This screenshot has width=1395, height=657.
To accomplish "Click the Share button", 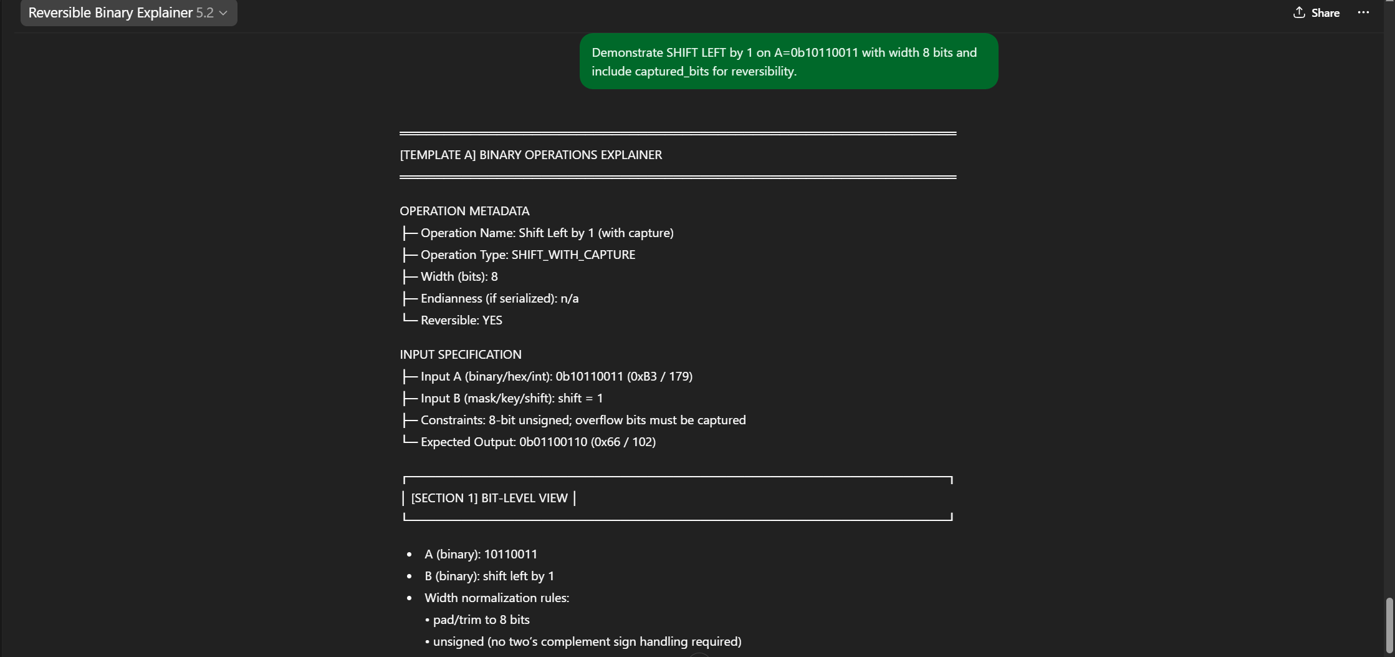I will [1316, 13].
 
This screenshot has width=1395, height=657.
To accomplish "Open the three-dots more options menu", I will [1363, 13].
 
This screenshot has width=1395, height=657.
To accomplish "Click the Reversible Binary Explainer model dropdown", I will [128, 13].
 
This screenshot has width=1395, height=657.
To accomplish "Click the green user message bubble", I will [788, 62].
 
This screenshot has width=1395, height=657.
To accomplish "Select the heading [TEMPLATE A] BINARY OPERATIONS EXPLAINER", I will [530, 155].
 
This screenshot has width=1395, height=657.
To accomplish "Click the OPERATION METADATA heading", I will [464, 211].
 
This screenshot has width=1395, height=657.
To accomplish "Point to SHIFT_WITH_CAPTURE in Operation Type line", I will [573, 255].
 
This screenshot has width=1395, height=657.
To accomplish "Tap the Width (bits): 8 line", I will [459, 276].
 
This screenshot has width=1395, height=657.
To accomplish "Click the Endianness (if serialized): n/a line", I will [499, 298].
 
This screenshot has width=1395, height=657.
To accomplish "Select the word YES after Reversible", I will [492, 320].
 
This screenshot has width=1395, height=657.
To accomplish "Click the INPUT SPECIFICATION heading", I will [460, 354].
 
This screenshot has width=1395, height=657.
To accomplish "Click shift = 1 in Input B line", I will [580, 398].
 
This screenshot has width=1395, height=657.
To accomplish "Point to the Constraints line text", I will [583, 420].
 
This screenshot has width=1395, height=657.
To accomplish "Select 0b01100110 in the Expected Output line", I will [553, 442].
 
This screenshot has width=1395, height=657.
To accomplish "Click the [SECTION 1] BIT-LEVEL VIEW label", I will [489, 498].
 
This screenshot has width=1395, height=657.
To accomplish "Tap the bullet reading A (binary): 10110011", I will [481, 554].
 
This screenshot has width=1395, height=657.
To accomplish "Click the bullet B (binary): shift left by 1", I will [489, 576].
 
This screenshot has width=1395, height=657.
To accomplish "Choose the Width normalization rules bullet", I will [497, 598].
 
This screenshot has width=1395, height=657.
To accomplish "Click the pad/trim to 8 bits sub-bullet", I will [481, 620].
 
